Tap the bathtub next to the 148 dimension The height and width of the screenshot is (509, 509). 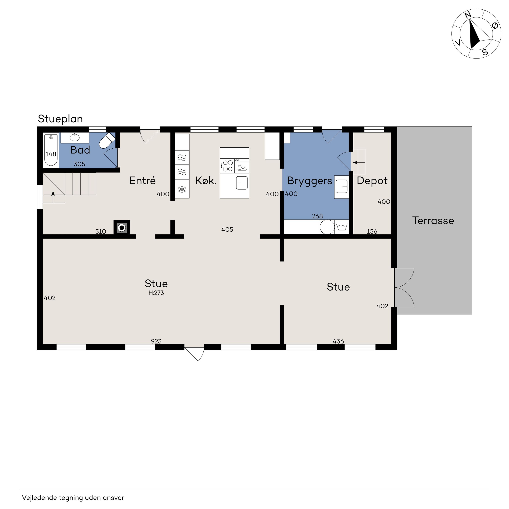tap(51, 150)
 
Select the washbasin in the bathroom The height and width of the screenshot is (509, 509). tap(75, 137)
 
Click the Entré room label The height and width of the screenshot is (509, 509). tap(143, 181)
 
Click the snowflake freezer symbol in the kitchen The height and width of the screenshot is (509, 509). tap(182, 189)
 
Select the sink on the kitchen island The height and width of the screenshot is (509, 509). tap(242, 183)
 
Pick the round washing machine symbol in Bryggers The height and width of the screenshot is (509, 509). tap(327, 227)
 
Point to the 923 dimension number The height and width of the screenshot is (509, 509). tap(156, 341)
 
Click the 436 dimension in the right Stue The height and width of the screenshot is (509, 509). tap(338, 341)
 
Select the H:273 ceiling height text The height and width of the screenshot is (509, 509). tap(156, 293)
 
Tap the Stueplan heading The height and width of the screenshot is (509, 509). tap(60, 119)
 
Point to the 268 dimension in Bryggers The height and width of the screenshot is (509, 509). tap(318, 216)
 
